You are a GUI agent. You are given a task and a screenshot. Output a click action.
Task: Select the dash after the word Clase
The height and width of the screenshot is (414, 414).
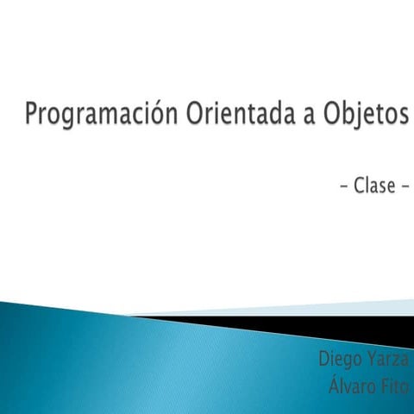click(x=403, y=186)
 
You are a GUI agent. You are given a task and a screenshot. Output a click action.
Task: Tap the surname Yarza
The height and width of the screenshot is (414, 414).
click(x=388, y=358)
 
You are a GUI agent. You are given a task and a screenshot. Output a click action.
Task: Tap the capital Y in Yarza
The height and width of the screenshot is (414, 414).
click(x=372, y=358)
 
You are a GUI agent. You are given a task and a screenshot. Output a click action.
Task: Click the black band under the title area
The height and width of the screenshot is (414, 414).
click(x=345, y=325)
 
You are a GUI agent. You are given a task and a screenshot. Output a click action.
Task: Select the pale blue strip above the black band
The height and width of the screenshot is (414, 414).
click(x=345, y=307)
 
